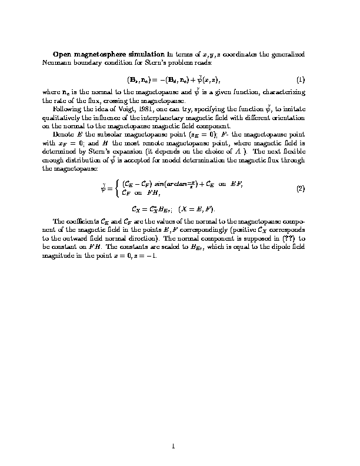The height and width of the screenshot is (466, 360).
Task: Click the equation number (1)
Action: coord(300,79)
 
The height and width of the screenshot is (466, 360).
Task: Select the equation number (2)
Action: coord(300,189)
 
